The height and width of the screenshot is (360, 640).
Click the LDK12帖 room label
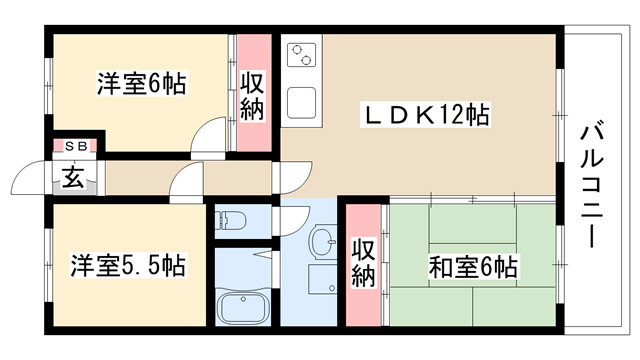point(425,115)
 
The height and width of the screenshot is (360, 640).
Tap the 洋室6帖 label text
point(141,83)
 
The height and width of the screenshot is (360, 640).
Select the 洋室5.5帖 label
point(128,265)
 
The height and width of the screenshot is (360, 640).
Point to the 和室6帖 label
point(473,267)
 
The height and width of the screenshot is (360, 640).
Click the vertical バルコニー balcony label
point(591,184)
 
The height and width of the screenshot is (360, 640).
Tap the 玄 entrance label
point(73,177)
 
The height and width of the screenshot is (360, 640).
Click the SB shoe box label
point(76,146)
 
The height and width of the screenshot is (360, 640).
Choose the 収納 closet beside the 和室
point(364,265)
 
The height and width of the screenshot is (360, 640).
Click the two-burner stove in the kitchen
point(302,55)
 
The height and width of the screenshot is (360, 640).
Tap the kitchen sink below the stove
point(302,103)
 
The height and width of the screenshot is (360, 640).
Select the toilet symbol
point(231,221)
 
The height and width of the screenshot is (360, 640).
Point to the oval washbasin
point(322,242)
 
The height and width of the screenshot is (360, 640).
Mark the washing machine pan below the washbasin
point(322,279)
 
